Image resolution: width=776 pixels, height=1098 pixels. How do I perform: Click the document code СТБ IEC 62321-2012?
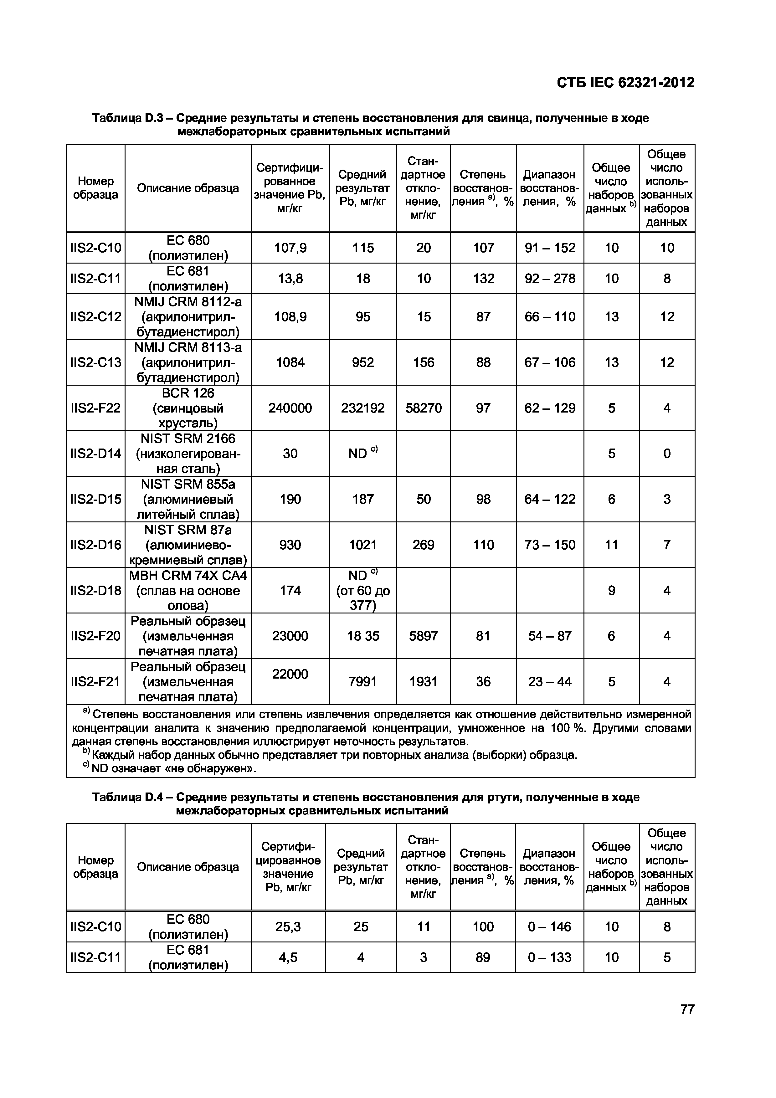tap(625, 83)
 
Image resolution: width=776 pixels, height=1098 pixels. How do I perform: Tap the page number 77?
tap(687, 1009)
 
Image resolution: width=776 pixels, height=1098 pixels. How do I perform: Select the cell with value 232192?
tap(362, 408)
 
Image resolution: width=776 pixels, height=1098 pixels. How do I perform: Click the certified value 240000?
tap(290, 408)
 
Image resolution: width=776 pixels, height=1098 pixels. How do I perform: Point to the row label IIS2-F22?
tap(95, 408)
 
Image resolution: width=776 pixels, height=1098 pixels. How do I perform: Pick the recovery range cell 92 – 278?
tap(550, 278)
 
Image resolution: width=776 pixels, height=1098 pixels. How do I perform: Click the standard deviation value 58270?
tap(423, 408)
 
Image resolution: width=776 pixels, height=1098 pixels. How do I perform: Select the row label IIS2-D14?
tap(95, 453)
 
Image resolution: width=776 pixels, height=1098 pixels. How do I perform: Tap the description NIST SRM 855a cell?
tap(188, 499)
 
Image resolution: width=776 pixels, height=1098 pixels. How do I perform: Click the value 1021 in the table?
tap(362, 545)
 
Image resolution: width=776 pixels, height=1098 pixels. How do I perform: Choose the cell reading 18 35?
tap(362, 636)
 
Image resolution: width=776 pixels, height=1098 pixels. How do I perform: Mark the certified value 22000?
tap(290, 674)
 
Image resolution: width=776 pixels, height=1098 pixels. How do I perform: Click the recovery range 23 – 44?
tap(550, 681)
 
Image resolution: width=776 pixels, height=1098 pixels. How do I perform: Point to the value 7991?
tap(362, 681)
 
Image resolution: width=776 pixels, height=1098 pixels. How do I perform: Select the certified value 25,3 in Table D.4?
tap(288, 927)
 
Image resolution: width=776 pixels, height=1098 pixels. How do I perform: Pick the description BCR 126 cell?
tap(188, 408)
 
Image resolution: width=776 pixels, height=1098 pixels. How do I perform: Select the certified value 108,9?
tap(290, 316)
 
